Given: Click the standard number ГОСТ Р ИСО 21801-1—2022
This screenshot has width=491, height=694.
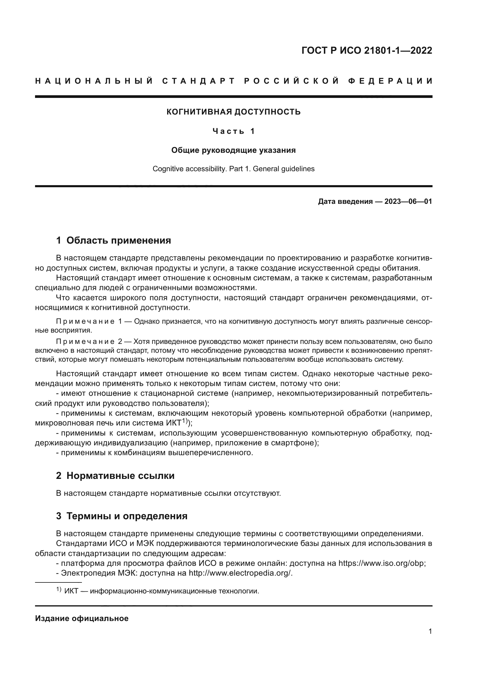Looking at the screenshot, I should point(367,50).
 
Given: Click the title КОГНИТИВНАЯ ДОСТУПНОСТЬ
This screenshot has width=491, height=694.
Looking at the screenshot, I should point(233,112).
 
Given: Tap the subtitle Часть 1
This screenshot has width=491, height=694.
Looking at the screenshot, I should point(233,131).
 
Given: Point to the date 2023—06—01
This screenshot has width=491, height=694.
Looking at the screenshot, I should point(408,201).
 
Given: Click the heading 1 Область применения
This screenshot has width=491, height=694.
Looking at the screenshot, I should point(113,241).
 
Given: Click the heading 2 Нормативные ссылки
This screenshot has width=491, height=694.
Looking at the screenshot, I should point(115,476).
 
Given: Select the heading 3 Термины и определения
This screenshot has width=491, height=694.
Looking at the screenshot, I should point(121,516).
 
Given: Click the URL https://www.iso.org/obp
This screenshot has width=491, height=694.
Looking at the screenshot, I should point(381,563).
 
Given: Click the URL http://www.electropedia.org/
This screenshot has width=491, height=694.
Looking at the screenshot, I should point(240,573).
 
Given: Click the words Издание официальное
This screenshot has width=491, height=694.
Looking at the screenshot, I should point(82,618).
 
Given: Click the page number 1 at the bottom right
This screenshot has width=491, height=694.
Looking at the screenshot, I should point(430,631).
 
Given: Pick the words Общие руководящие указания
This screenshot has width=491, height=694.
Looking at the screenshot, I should point(233,150).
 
